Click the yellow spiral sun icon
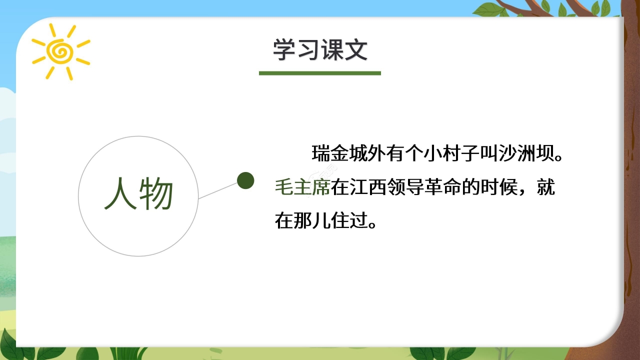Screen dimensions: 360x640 (x=60, y=51)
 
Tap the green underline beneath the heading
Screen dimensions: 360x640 (x=320, y=73)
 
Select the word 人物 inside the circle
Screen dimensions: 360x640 (x=138, y=194)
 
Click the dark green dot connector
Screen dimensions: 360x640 (x=245, y=180)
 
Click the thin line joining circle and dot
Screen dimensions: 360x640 (x=218, y=190)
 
